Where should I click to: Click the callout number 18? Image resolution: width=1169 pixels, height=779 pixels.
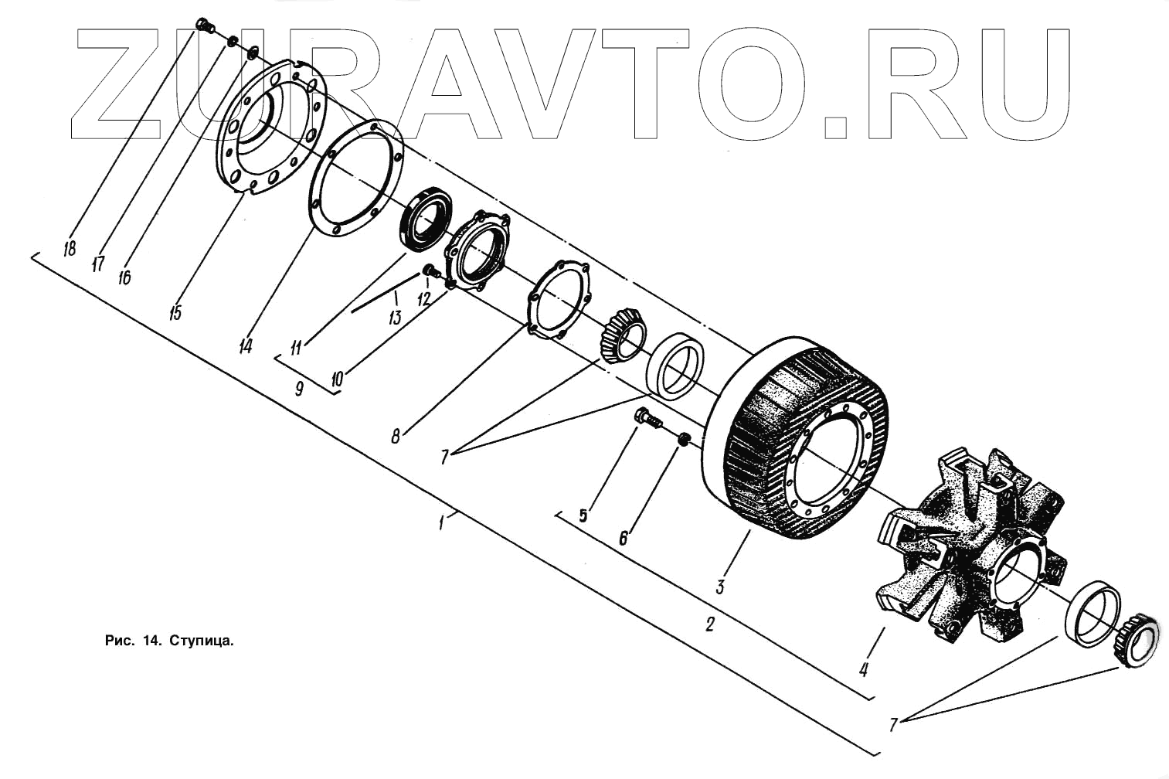pyautogui.click(x=69, y=248)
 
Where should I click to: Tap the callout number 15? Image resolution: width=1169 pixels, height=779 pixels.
pyautogui.click(x=176, y=314)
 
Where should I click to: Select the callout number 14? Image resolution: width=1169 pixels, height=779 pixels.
pyautogui.click(x=245, y=346)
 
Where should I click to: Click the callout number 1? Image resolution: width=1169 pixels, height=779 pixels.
pyautogui.click(x=441, y=523)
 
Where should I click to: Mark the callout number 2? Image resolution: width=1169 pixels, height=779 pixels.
pyautogui.click(x=709, y=624)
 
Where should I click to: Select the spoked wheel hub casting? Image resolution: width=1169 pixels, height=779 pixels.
pyautogui.click(x=966, y=541)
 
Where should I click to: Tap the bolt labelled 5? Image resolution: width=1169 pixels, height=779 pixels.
pyautogui.click(x=648, y=420)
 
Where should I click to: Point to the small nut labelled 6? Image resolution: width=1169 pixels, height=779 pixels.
pyautogui.click(x=683, y=440)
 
